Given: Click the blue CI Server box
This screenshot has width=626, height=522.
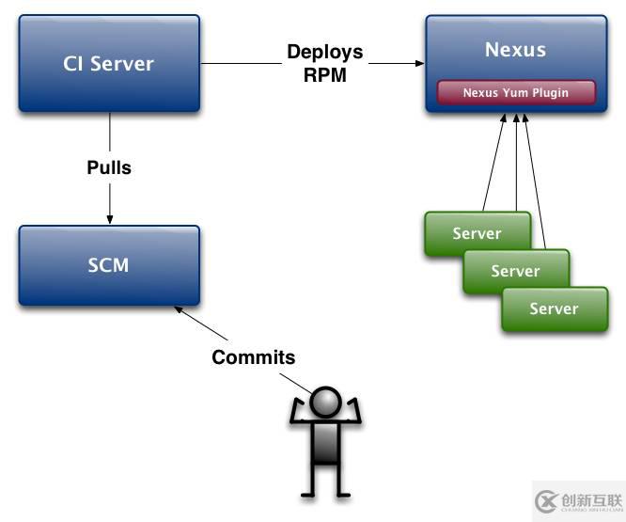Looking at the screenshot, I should pos(108,64).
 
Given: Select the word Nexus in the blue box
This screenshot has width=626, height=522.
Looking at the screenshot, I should pos(516,49).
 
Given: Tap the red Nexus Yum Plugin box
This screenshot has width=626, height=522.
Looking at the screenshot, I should pos(516,93).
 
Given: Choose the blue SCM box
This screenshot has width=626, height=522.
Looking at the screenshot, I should pos(108,264).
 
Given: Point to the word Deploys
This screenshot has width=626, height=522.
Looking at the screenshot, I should pos(324,52).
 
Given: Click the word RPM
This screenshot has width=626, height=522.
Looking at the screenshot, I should pos(324,75).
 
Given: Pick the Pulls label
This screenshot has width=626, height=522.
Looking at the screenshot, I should pos(109,168).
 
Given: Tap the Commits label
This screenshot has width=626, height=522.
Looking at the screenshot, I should pos(253,357).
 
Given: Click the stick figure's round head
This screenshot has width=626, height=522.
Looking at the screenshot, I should pos(325,402).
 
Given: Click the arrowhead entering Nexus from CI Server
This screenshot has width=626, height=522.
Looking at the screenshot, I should pos(418,64).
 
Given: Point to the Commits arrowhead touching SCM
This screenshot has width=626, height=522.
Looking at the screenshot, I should pos(178,309).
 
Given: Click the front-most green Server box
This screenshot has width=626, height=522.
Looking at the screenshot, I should pos(554,308).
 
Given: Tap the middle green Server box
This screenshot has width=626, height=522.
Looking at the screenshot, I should pos(515,271).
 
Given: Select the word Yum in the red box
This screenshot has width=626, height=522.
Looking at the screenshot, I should pos(517,93).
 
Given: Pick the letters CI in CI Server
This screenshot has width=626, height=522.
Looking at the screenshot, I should pos(74,64).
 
